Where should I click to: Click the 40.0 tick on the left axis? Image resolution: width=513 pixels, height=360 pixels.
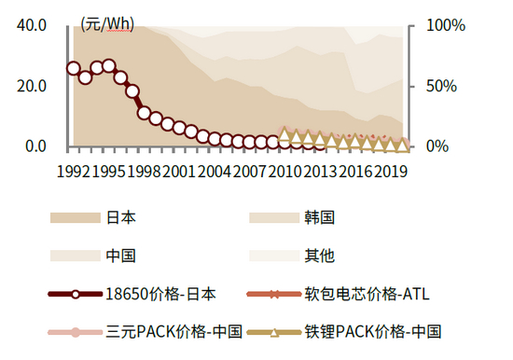[31, 25]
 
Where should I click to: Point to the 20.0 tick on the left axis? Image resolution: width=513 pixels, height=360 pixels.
[31, 86]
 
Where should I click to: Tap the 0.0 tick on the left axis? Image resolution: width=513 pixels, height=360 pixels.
[35, 146]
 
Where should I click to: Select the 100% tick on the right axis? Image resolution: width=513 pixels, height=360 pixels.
[445, 25]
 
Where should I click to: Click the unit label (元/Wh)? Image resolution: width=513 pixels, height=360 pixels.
[107, 22]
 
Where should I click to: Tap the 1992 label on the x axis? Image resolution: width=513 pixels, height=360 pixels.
[74, 172]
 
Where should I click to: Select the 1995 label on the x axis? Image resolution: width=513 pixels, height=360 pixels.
[109, 172]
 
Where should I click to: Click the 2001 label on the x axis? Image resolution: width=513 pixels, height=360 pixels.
[179, 172]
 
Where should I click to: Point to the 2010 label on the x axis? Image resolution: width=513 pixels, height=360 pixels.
[284, 172]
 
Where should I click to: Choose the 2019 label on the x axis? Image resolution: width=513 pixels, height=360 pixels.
[390, 172]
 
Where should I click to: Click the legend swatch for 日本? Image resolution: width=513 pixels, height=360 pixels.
[75, 217]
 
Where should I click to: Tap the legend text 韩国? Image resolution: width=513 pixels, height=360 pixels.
[320, 217]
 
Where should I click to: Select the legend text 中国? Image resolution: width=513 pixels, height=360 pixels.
[121, 255]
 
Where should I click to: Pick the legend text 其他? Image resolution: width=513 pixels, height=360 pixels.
[320, 255]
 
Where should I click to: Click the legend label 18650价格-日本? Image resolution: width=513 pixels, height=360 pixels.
[161, 294]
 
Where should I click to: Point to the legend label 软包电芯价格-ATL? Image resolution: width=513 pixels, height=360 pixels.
[367, 294]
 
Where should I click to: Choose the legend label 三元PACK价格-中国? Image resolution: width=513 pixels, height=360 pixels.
[174, 331]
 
